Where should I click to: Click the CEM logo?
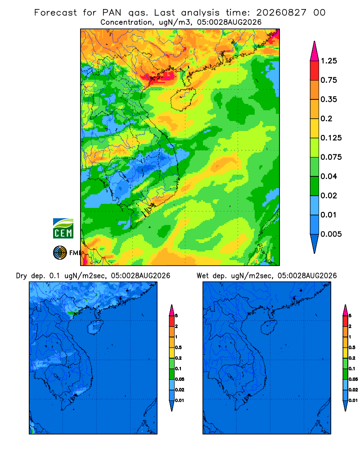tap(63, 228)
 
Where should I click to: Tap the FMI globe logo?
tap(60, 252)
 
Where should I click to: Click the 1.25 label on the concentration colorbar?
tap(328, 61)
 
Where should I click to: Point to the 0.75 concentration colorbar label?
tap(328, 80)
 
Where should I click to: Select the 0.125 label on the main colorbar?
tap(331, 138)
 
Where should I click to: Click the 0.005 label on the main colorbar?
tap(331, 234)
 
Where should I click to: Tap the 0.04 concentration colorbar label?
tap(328, 176)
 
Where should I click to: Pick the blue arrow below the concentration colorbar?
tap(315, 242)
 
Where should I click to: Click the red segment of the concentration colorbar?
tap(315, 71)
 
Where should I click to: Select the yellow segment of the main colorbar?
tap(315, 128)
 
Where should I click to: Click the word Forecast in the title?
tap(55, 13)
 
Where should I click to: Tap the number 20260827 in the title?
tap(281, 13)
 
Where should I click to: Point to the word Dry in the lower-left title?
tap(22, 276)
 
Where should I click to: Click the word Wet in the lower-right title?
tap(202, 276)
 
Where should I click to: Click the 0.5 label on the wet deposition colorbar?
tap(351, 347)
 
